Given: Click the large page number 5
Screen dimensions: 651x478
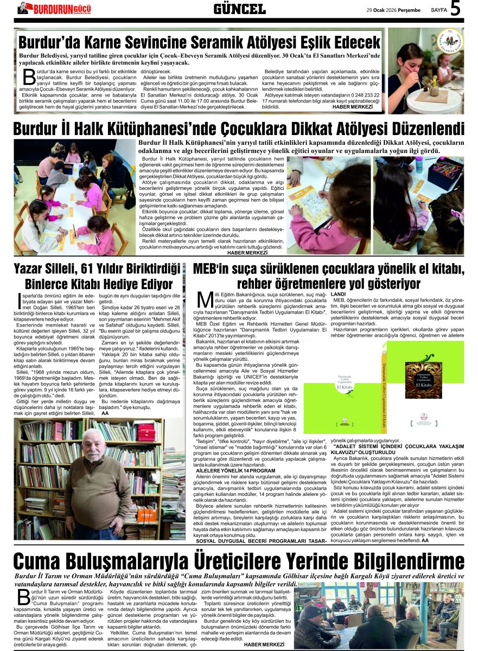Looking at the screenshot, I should pos(455,9).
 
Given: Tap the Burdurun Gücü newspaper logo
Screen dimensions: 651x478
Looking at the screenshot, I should pos(54,8).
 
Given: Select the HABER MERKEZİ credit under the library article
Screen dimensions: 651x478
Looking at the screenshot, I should pos(247,252).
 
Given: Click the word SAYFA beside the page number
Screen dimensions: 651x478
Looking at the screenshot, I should pos(438,10).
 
